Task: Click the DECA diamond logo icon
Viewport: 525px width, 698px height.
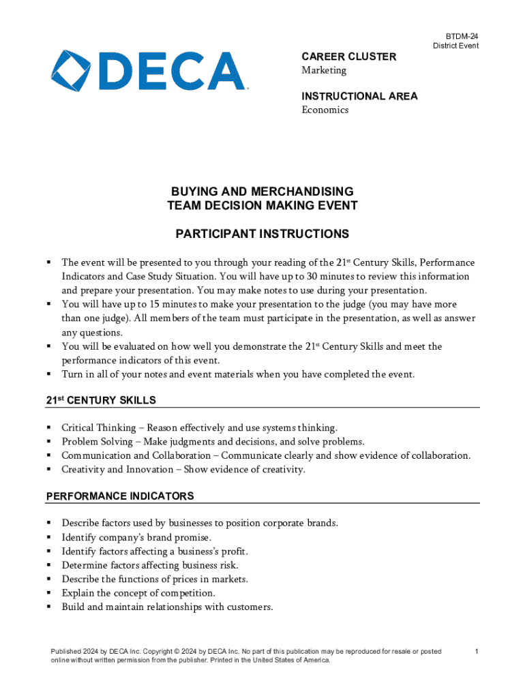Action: pyautogui.click(x=74, y=71)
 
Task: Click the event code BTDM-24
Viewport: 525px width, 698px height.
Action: pyautogui.click(x=462, y=35)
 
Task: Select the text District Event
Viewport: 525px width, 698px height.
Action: pyautogui.click(x=455, y=46)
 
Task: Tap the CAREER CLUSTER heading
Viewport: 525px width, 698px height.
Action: pyautogui.click(x=348, y=57)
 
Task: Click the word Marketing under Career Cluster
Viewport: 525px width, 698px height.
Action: pyautogui.click(x=324, y=70)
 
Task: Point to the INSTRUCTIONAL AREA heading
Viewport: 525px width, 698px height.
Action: pyautogui.click(x=359, y=96)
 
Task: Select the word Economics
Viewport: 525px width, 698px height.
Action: pyautogui.click(x=325, y=110)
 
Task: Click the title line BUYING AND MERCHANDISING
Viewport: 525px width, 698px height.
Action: pyautogui.click(x=262, y=191)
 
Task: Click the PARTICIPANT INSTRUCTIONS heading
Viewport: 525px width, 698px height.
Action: pyautogui.click(x=262, y=234)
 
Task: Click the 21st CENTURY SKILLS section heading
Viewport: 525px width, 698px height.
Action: pyautogui.click(x=101, y=400)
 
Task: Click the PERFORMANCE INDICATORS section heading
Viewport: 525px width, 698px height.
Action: pyautogui.click(x=119, y=496)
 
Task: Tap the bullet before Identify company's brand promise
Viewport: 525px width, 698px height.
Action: pyautogui.click(x=49, y=537)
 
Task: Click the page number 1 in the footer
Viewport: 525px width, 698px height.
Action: pyautogui.click(x=477, y=652)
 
